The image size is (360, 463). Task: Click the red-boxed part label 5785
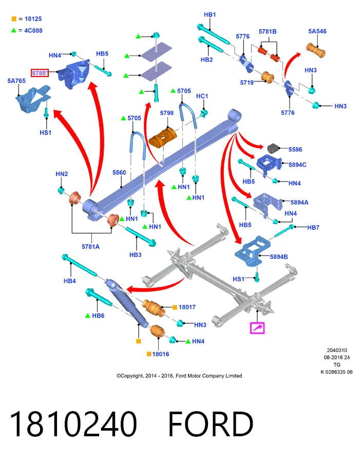(40, 72)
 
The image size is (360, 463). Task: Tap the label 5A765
(16, 81)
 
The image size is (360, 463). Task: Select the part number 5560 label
(119, 173)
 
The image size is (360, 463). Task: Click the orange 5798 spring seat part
(163, 138)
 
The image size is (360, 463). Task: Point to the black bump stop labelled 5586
(274, 148)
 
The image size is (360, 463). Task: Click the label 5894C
(297, 165)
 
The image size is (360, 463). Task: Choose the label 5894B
(279, 257)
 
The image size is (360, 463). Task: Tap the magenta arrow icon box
(257, 328)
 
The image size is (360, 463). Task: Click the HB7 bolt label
(313, 227)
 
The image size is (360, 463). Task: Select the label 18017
(187, 307)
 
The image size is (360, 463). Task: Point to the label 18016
(161, 354)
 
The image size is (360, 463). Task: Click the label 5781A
(90, 247)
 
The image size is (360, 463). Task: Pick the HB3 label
(136, 254)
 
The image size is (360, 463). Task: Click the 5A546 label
(317, 31)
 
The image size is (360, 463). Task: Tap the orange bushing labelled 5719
(268, 77)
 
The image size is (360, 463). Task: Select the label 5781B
(268, 31)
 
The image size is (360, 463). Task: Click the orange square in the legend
(14, 19)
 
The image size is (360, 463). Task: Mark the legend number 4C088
(33, 30)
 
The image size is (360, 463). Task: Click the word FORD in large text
(211, 424)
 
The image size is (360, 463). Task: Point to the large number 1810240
(73, 424)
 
